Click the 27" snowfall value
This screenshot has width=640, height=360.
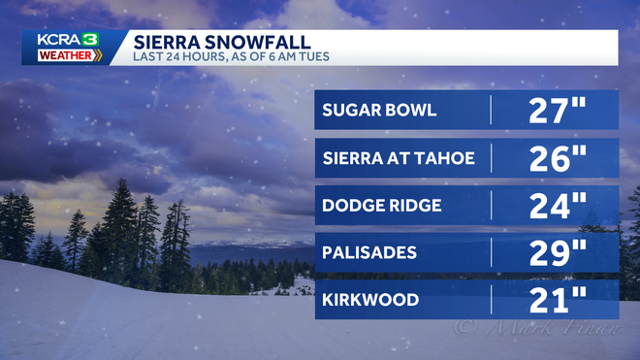[x=558, y=110]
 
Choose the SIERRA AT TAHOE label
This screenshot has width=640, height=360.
[x=399, y=157]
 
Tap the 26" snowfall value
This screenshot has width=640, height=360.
[x=558, y=157]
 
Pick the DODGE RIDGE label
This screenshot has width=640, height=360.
[x=383, y=205]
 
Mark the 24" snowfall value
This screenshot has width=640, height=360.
[x=558, y=205]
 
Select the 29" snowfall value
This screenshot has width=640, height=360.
[x=558, y=252]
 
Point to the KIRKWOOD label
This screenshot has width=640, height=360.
[x=369, y=300]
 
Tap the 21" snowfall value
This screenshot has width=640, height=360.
[x=558, y=300]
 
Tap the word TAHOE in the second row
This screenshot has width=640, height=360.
[x=448, y=157]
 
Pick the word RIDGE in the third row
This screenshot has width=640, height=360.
[x=415, y=205]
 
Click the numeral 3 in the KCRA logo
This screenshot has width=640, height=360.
[x=90, y=40]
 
